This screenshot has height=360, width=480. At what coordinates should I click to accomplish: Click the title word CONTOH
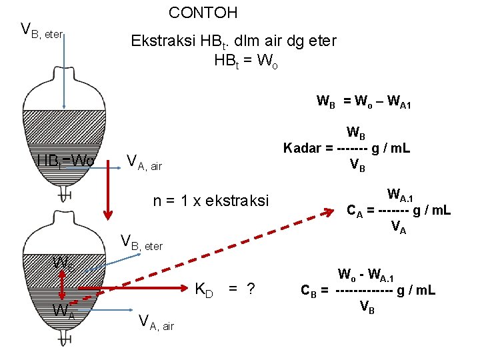(x=203, y=13)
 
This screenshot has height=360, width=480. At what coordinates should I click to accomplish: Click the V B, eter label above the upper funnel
(x=42, y=30)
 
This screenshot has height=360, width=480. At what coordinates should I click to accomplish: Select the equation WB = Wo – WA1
(x=368, y=102)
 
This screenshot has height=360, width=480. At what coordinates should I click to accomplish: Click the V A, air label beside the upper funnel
(x=144, y=161)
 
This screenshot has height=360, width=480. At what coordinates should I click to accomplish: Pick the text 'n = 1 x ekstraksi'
(x=211, y=201)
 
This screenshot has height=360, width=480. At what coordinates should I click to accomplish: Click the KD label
(x=203, y=290)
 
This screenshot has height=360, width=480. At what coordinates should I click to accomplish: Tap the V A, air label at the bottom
(x=156, y=323)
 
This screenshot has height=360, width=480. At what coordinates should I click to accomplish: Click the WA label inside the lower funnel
(x=64, y=311)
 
